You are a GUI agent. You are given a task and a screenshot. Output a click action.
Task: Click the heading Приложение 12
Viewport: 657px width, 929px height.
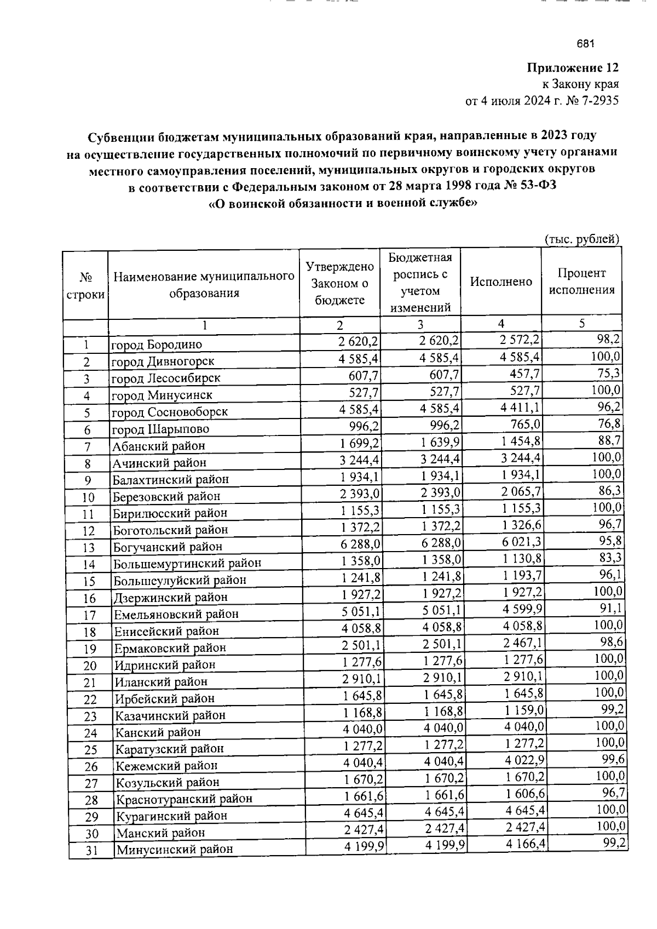[573, 68]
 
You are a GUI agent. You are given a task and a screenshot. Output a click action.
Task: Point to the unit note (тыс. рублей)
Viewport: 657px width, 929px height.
[581, 239]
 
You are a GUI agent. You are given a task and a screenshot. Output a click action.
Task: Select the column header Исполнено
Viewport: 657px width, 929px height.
[501, 282]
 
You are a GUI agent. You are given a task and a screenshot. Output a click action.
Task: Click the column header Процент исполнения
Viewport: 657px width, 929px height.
[581, 282]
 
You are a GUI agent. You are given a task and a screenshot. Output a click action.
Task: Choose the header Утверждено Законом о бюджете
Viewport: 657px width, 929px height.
[339, 283]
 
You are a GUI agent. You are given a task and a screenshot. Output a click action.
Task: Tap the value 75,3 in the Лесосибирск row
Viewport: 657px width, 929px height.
[608, 374]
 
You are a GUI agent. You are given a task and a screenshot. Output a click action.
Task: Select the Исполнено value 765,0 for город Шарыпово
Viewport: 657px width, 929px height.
[524, 425]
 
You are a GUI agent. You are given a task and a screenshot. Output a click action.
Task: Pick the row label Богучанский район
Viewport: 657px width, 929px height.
[168, 547]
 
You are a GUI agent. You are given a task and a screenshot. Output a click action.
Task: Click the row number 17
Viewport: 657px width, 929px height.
[90, 615]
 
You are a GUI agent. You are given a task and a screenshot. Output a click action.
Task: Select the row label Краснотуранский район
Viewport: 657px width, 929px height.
[184, 799]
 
